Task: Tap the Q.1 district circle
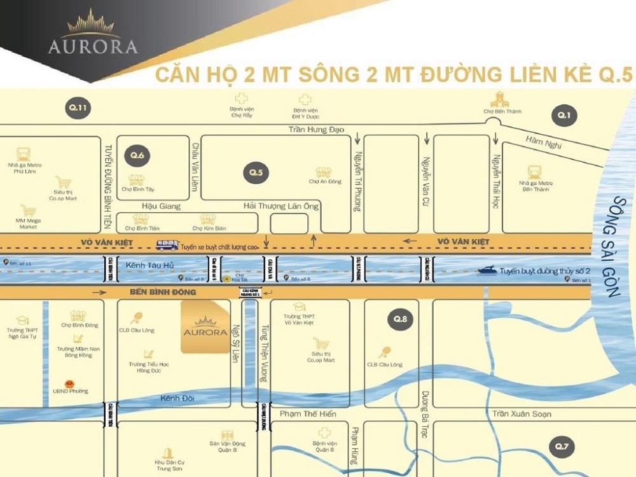pos(563,115)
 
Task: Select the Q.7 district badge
pos(562,446)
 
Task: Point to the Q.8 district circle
pos(399,319)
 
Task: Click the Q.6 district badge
pos(138,156)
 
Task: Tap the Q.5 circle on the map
pos(256,172)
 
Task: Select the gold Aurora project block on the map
pos(205,327)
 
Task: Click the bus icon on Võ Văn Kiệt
pos(167,244)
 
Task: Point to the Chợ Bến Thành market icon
pos(501,100)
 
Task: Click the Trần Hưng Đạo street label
pos(316,130)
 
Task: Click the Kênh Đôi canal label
pos(177,399)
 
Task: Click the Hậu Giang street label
pos(161,206)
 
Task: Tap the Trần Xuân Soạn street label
pos(522,414)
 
